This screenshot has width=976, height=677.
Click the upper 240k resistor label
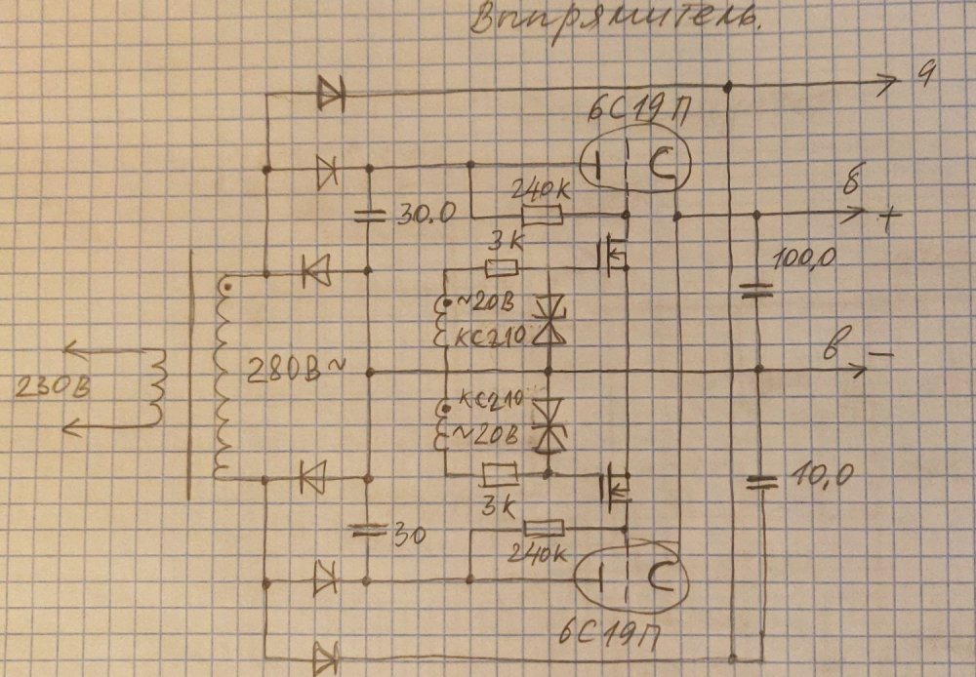(x=540, y=188)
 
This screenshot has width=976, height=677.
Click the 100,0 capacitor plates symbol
(x=756, y=289)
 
